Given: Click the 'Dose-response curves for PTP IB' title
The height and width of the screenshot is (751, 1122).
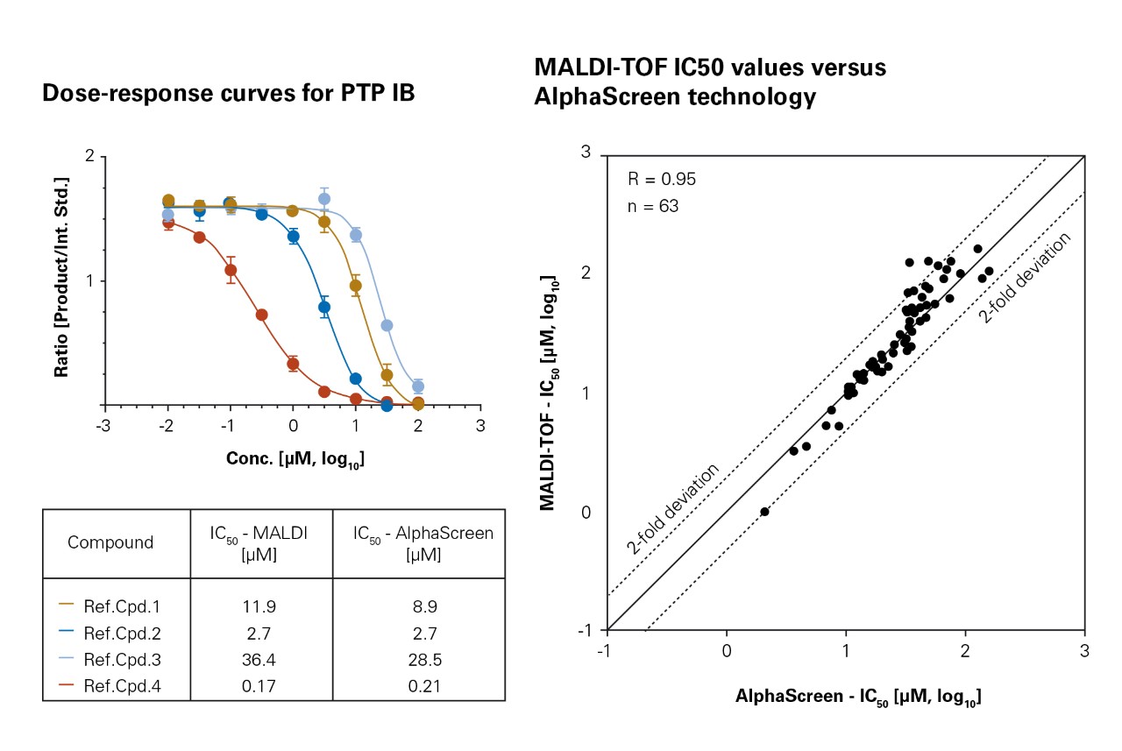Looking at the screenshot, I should (x=228, y=95).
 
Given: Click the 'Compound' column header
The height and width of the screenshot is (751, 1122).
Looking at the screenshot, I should (x=110, y=542).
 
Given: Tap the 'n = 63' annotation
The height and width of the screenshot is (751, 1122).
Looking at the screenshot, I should (x=653, y=207).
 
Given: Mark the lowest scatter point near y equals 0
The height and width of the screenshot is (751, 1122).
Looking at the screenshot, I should (x=764, y=512).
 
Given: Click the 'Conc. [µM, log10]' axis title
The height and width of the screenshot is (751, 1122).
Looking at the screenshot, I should (x=296, y=458).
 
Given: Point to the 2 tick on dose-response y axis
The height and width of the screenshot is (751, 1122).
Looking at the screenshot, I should (x=89, y=156).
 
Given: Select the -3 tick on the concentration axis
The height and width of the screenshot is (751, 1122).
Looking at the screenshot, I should (x=105, y=425).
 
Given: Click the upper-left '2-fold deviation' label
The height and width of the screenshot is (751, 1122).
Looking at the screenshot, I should (x=672, y=508).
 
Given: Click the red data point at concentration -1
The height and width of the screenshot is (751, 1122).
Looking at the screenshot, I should (x=231, y=270).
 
